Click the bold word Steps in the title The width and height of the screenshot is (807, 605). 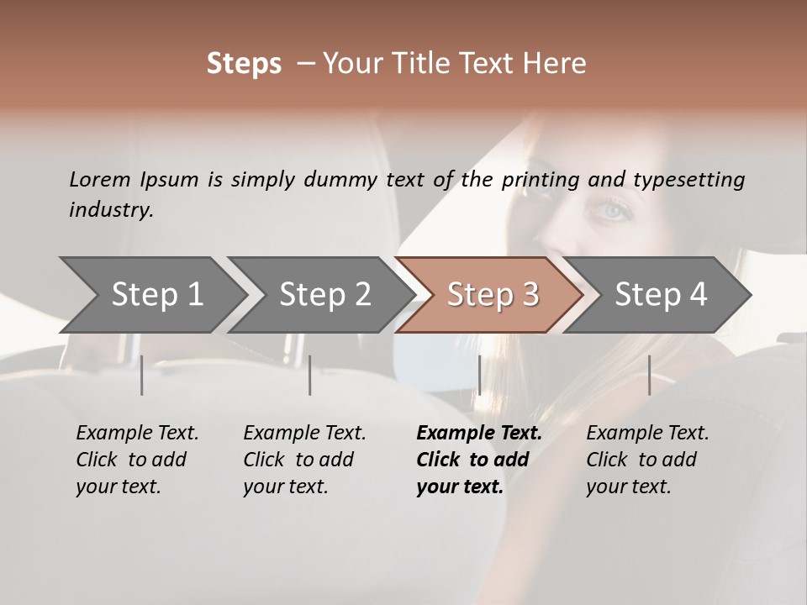(244, 64)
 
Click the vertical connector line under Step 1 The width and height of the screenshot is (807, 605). (142, 375)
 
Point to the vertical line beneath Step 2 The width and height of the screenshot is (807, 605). (310, 375)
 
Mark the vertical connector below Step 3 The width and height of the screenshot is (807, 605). (479, 375)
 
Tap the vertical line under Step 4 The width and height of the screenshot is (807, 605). (649, 375)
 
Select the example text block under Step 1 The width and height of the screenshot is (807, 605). (137, 460)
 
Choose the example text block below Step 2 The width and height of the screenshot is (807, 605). (304, 460)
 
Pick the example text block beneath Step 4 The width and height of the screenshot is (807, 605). (647, 460)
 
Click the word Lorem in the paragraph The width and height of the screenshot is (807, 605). (99, 179)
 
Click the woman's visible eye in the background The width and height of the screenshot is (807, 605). (614, 210)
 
